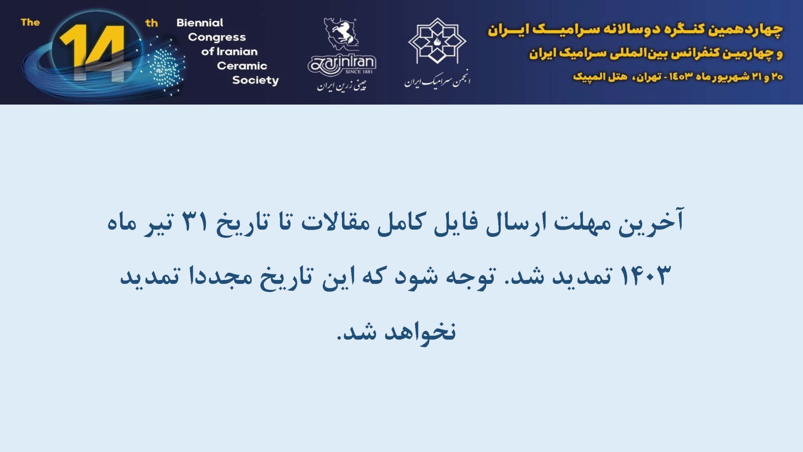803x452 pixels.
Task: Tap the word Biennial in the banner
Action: (x=200, y=23)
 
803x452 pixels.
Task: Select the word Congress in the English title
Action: (x=217, y=37)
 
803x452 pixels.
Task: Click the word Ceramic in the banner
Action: (x=242, y=66)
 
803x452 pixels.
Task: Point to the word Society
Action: (x=255, y=80)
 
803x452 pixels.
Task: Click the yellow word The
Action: (x=31, y=22)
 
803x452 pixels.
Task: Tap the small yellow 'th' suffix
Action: (x=151, y=23)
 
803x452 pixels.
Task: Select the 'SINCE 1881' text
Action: (x=359, y=72)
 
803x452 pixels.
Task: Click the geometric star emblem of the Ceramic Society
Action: (x=437, y=41)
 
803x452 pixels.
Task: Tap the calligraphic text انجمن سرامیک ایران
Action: (x=437, y=80)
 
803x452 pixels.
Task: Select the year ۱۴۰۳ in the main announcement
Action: (x=645, y=276)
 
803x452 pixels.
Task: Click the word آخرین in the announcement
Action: (x=651, y=222)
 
